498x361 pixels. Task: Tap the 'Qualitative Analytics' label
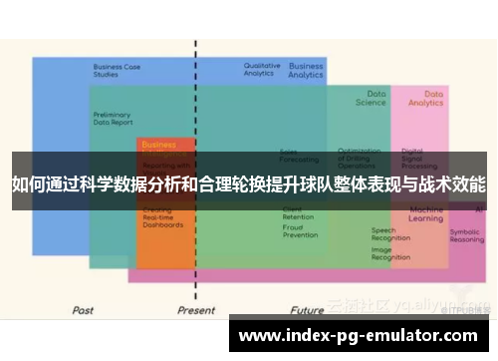coord(261,69)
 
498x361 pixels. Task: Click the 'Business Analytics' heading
coord(305,71)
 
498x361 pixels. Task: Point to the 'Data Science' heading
coord(371,97)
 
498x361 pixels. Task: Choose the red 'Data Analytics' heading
coord(426,98)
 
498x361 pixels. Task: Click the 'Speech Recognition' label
coord(390,234)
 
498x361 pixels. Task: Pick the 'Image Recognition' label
coord(390,253)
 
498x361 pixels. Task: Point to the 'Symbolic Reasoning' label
coord(466,235)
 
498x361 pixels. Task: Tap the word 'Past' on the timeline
coord(84,310)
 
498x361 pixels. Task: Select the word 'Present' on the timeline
coord(195,310)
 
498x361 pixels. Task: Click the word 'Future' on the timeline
coord(310,310)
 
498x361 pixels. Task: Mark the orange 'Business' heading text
coord(158,144)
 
